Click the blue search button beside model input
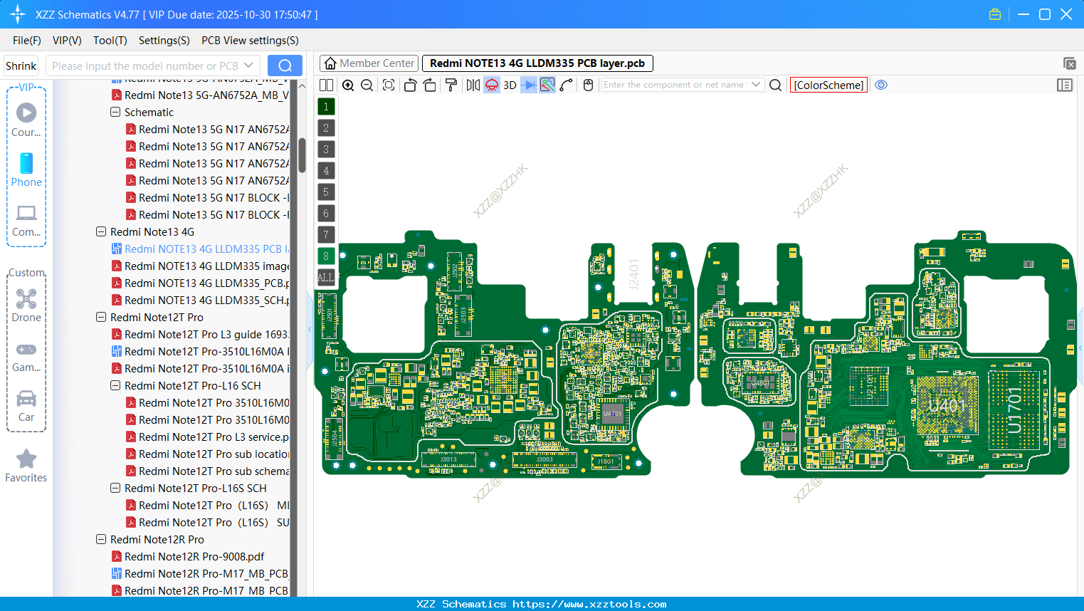285,66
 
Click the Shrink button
21,66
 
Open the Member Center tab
369,63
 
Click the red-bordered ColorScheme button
828,85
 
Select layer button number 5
326,192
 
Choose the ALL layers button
326,277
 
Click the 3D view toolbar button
510,85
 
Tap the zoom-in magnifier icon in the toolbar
348,85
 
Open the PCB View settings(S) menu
250,41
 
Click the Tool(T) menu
110,41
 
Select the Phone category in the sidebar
26,169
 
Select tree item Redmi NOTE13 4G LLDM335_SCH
206,301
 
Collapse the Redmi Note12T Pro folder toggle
101,318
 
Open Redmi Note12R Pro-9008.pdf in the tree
194,557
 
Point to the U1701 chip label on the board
1014,410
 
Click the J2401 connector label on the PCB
634,274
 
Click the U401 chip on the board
947,407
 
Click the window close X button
1066,14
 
